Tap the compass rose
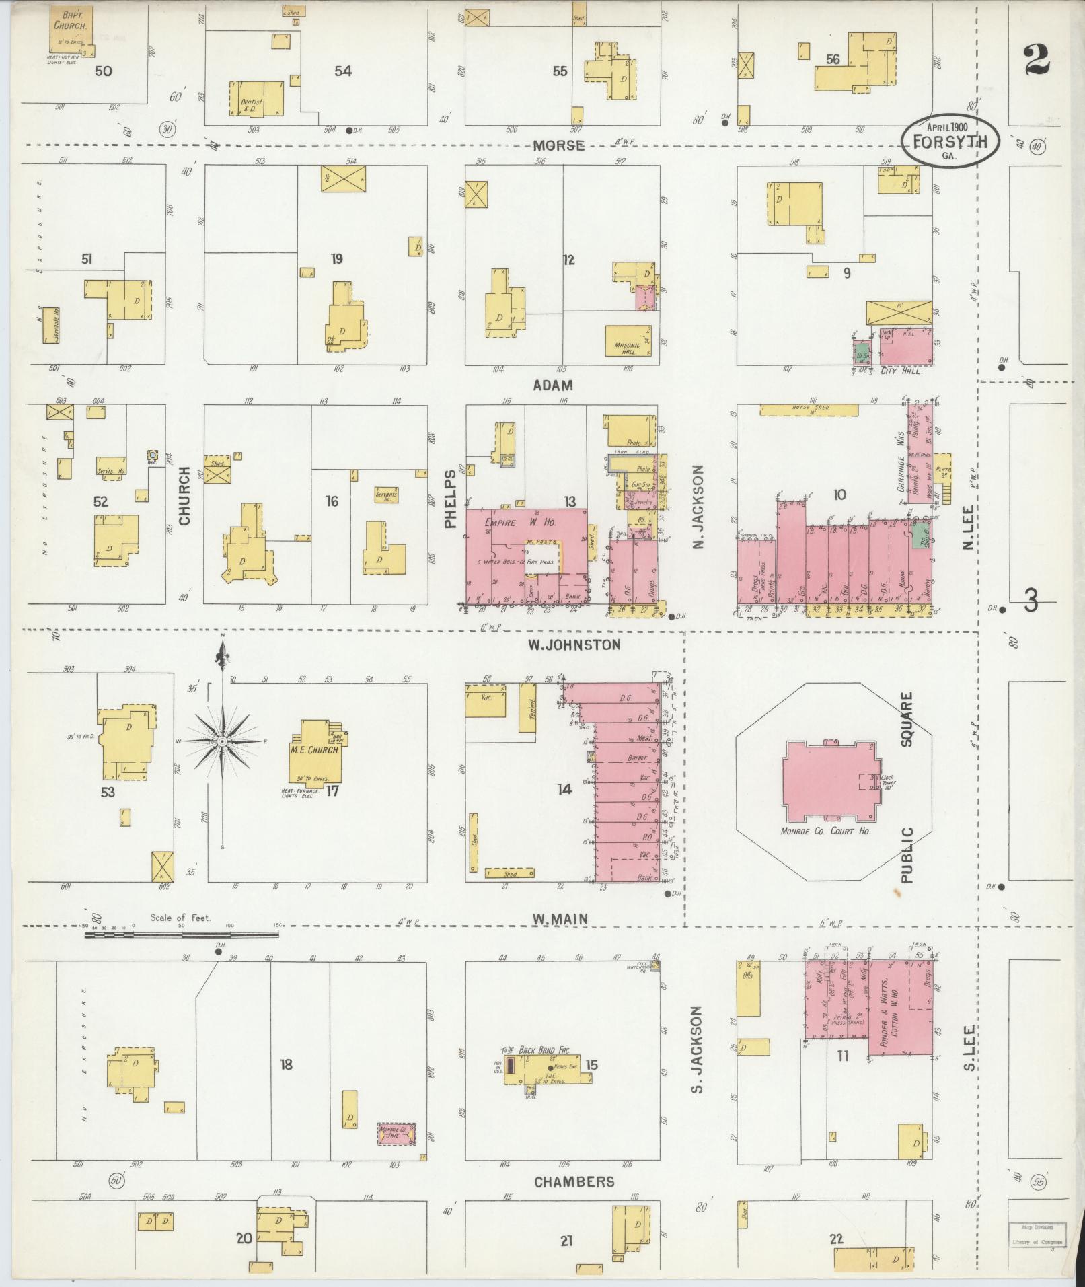tap(223, 741)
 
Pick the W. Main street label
tap(560, 918)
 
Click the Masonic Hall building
tap(628, 340)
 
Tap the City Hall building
tap(905, 348)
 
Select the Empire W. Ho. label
tap(526, 520)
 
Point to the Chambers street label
tap(574, 1182)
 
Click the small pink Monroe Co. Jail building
tap(397, 1133)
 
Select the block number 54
tap(343, 71)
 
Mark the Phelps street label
tap(451, 500)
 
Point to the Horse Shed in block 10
tap(809, 410)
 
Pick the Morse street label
tap(559, 145)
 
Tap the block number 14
tap(564, 789)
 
